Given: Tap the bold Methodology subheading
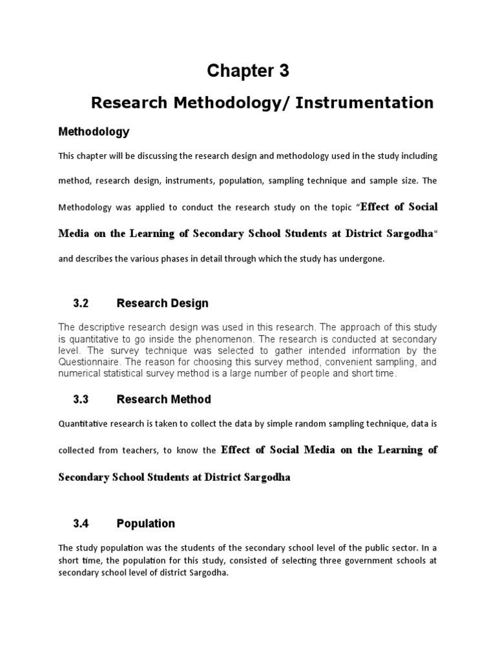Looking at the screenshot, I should [94, 132].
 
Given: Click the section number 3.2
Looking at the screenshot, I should [80, 303].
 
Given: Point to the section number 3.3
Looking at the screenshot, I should [80, 400].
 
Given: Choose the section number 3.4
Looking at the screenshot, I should [80, 524].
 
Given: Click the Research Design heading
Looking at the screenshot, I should [162, 303].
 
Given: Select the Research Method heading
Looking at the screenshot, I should [163, 400].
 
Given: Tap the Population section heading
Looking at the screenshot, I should [145, 524].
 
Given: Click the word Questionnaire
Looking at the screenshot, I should [88, 363].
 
